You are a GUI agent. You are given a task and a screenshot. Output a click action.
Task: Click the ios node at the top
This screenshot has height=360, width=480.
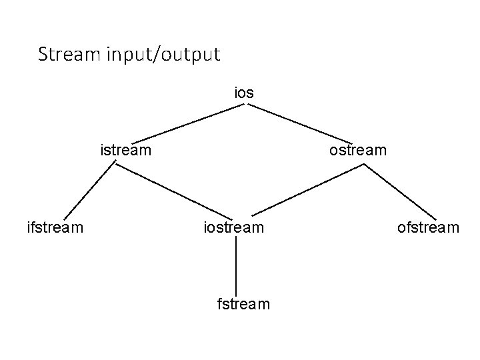[x=244, y=93]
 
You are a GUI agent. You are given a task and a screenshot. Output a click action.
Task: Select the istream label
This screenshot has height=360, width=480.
[x=126, y=150]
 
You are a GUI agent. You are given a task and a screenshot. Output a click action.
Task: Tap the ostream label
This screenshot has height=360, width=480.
[x=357, y=150]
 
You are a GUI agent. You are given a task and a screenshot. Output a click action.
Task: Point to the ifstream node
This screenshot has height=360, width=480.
[x=55, y=228]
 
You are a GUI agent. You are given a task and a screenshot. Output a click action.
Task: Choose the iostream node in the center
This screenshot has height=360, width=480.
[x=234, y=228]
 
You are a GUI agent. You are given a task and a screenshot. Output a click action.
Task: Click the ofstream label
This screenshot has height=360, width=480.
[x=428, y=228]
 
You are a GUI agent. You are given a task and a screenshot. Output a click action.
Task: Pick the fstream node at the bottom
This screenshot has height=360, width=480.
[x=244, y=305]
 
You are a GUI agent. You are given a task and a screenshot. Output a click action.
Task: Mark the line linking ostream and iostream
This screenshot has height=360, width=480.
[x=307, y=191]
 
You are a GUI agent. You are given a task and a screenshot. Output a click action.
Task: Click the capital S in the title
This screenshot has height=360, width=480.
[x=43, y=54]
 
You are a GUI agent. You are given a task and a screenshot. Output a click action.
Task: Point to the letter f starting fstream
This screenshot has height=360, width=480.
[x=221, y=305]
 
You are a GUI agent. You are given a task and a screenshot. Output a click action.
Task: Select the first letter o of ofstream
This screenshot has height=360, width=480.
[x=402, y=229]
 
